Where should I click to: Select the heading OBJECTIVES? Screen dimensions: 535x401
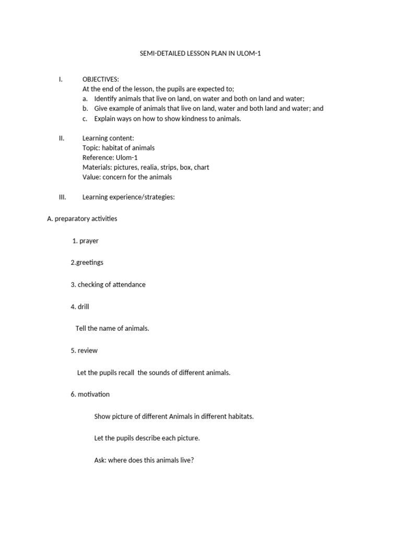pyautogui.click(x=101, y=79)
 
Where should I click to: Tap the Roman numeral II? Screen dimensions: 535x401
pyautogui.click(x=62, y=138)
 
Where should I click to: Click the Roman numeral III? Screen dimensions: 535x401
pyautogui.click(x=62, y=197)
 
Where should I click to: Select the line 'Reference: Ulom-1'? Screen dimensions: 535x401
pyautogui.click(x=110, y=158)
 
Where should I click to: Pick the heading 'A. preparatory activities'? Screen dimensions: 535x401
pyautogui.click(x=82, y=219)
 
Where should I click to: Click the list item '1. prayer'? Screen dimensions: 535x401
pyautogui.click(x=86, y=241)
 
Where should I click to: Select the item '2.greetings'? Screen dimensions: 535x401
pyautogui.click(x=87, y=263)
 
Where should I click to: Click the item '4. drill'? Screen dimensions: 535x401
pyautogui.click(x=80, y=307)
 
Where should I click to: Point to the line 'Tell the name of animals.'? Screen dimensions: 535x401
pyautogui.click(x=112, y=329)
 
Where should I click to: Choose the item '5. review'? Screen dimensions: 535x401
pyautogui.click(x=84, y=351)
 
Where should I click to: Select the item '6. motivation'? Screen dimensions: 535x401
pyautogui.click(x=90, y=394)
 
